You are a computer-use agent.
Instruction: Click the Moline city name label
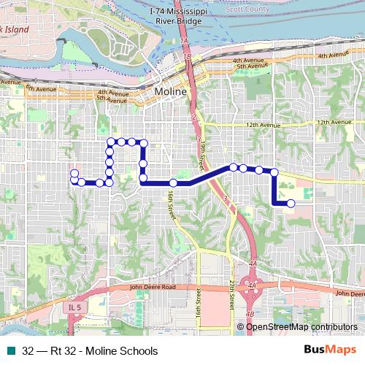(x=172, y=92)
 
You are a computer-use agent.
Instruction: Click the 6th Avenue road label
(x=39, y=89)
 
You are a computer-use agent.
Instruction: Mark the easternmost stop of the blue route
(x=291, y=204)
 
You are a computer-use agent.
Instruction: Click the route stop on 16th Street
(x=173, y=182)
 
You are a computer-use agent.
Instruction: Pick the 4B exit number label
(x=250, y=314)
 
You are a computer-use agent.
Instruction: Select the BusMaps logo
(x=329, y=350)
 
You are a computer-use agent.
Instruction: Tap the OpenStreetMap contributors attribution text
(x=301, y=326)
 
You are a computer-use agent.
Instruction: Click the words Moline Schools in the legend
(x=121, y=350)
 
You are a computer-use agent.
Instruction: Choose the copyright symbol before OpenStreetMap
(x=241, y=326)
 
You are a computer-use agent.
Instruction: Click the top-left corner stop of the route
(x=110, y=141)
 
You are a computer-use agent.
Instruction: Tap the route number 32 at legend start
(x=28, y=350)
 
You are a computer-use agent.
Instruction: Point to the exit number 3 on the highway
(x=226, y=199)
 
